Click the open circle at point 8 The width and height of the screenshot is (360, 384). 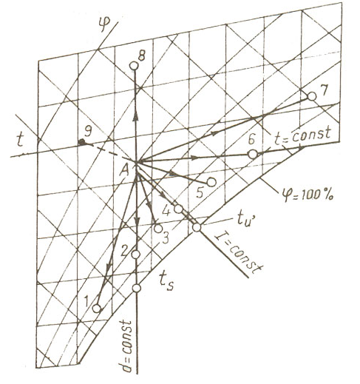coord(134,66)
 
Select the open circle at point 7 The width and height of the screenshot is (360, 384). coord(312,96)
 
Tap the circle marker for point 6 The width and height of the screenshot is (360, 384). coord(252,155)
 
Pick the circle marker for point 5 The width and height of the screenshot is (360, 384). coord(211,182)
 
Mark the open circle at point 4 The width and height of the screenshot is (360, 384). coord(178,209)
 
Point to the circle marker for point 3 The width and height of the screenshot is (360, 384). coord(158,229)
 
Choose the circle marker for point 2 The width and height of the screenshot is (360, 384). coord(136,255)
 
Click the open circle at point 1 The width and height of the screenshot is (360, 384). coord(97,308)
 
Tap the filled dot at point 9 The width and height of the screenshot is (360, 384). coord(81,142)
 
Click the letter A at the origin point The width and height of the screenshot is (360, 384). coord(125,170)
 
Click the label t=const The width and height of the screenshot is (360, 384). coord(302,135)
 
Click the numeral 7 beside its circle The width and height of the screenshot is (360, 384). coord(324,90)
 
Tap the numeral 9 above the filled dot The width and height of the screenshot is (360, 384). coord(88,131)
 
